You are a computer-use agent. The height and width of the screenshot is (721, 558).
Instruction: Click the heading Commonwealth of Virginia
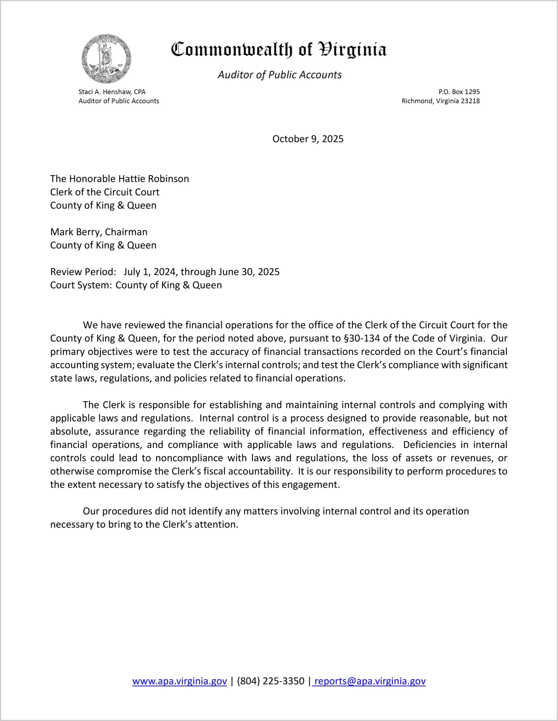pyautogui.click(x=279, y=50)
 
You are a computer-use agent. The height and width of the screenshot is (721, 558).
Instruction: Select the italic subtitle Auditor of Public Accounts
pyautogui.click(x=279, y=75)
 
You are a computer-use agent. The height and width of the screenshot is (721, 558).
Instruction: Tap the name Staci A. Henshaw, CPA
pyautogui.click(x=112, y=92)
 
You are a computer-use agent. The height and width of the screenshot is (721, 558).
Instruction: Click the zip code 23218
pyautogui.click(x=470, y=101)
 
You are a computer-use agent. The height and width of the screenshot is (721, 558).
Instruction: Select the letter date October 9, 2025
pyautogui.click(x=308, y=139)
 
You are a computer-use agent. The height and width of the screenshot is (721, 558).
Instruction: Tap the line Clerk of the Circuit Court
pyautogui.click(x=105, y=192)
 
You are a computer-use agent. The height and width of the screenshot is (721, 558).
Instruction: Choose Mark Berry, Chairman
pyautogui.click(x=99, y=232)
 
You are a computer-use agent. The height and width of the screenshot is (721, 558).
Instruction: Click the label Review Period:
pyautogui.click(x=83, y=272)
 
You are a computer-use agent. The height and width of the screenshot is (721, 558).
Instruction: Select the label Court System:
pyautogui.click(x=81, y=285)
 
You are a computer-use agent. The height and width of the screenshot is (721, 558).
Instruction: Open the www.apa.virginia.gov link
pyautogui.click(x=180, y=681)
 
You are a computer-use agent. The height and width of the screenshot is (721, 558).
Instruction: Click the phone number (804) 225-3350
pyautogui.click(x=270, y=681)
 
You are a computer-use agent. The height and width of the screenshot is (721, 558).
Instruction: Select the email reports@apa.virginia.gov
pyautogui.click(x=370, y=681)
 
